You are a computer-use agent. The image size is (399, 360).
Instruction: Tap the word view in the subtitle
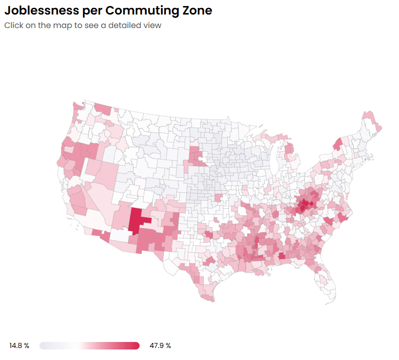[152, 25]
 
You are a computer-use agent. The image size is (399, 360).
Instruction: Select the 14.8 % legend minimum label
[19, 345]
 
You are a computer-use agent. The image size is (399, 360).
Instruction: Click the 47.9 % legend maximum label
[160, 345]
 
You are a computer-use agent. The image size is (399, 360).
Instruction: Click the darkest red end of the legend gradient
[135, 345]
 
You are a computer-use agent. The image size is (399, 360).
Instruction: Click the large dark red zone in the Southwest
[136, 220]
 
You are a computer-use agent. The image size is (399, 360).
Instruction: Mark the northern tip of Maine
[368, 113]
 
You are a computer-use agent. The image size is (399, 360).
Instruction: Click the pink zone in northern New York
[337, 144]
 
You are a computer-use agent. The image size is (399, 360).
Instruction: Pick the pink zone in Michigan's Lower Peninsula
[289, 149]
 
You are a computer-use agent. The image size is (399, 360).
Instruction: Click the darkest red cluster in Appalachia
[303, 205]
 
